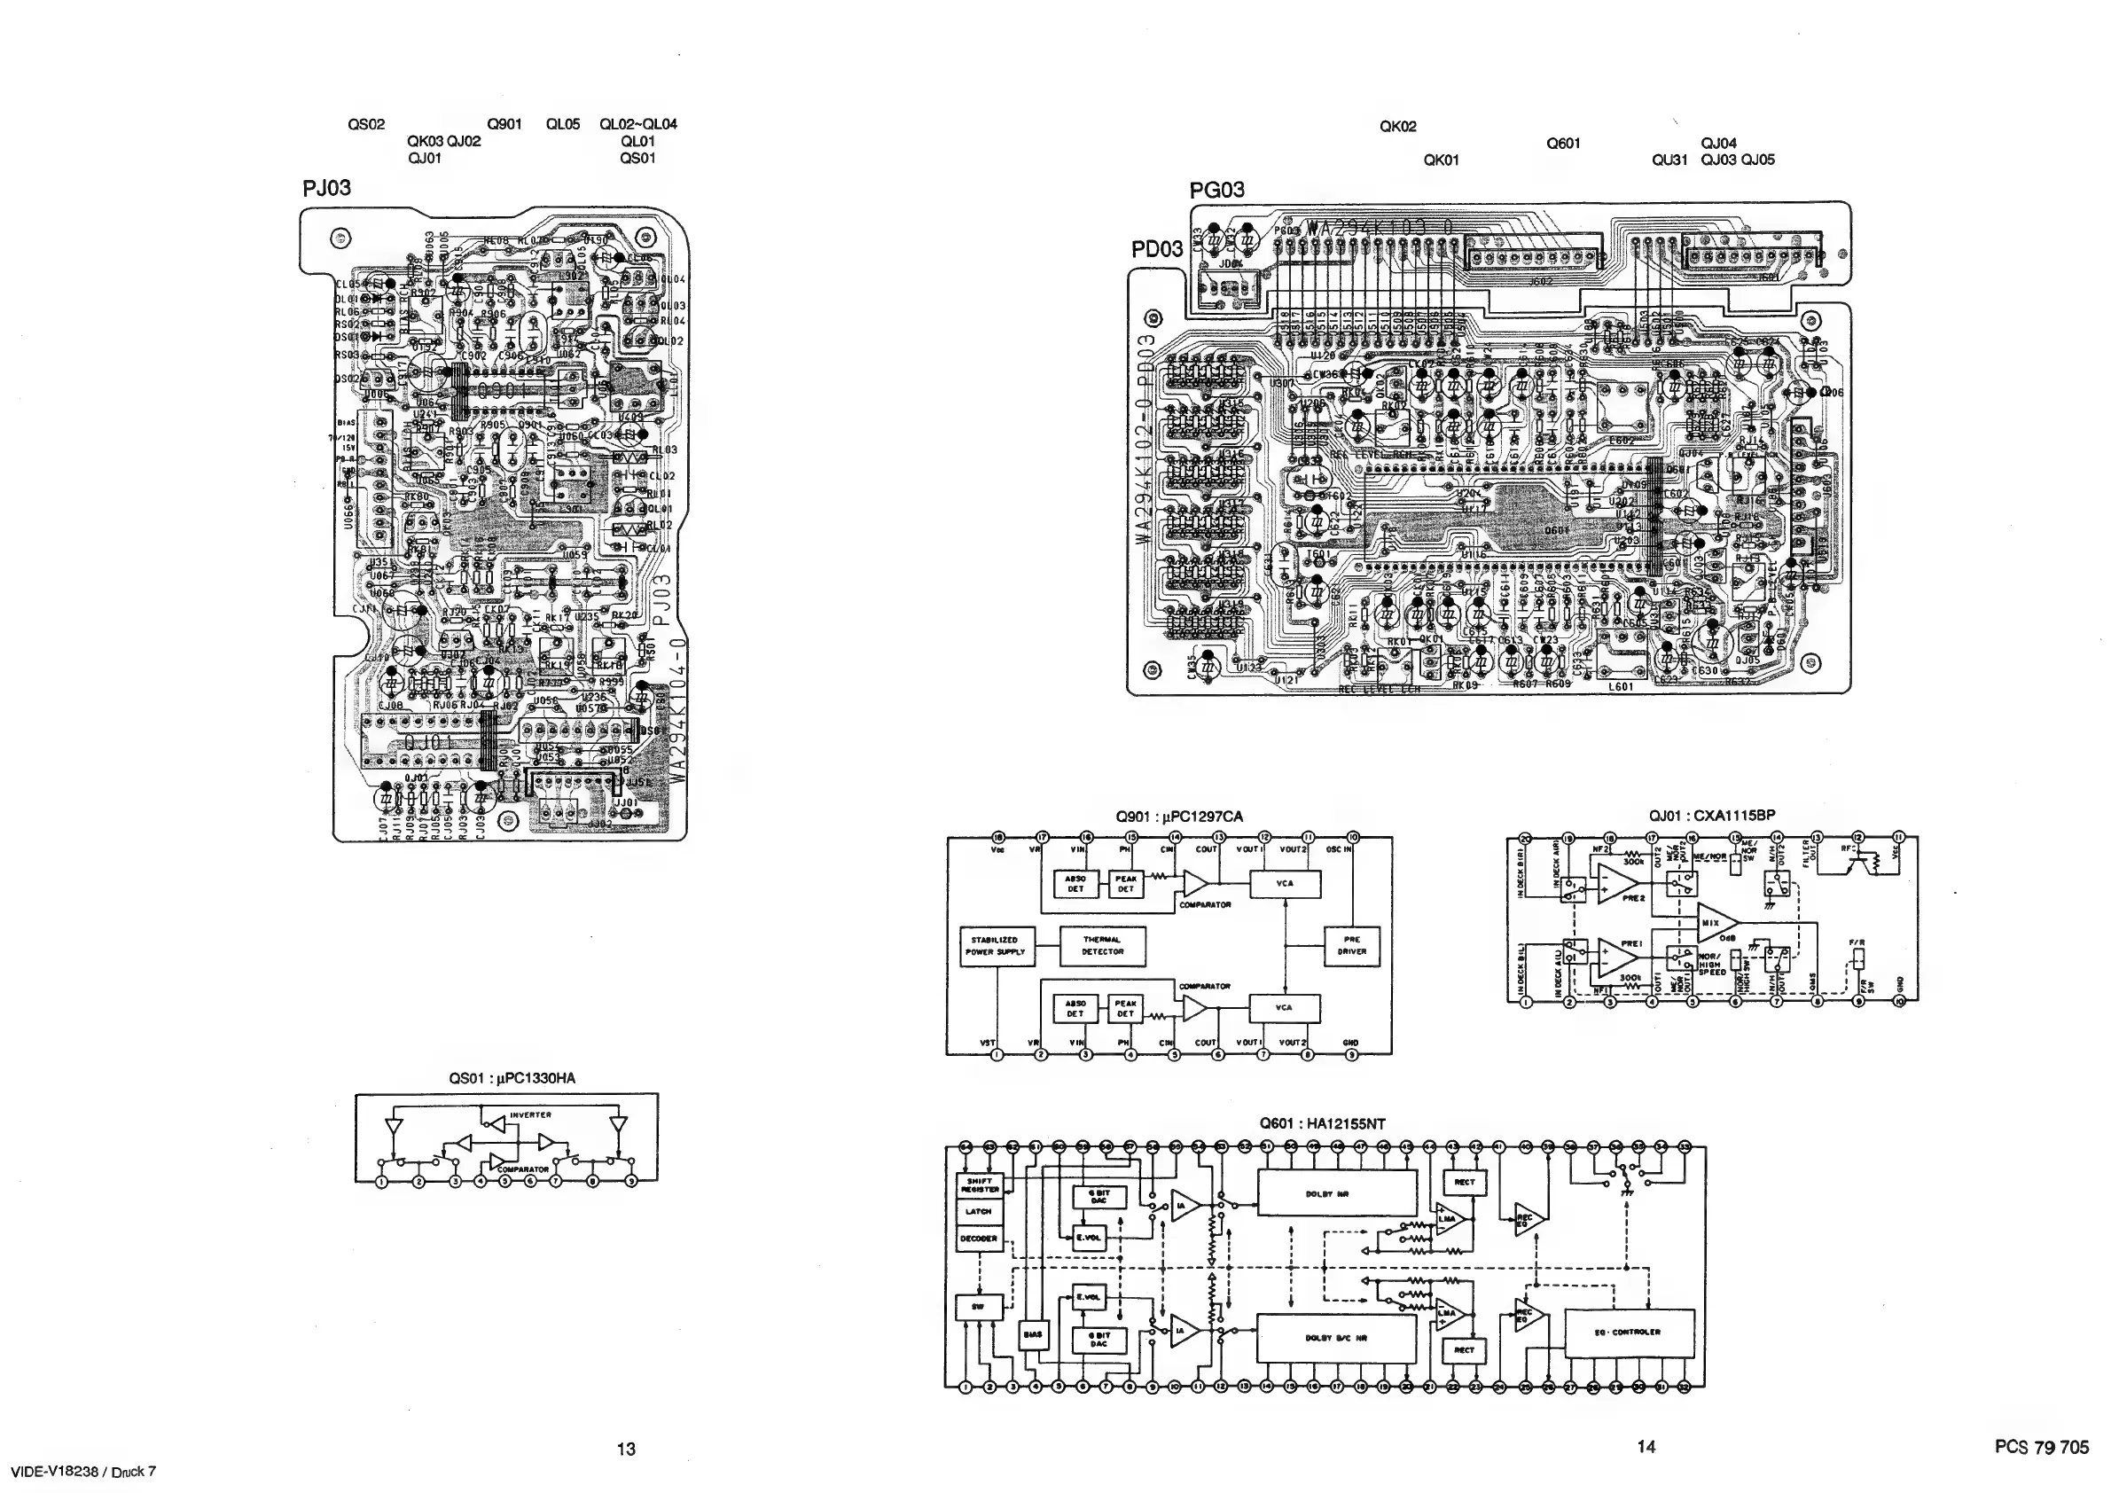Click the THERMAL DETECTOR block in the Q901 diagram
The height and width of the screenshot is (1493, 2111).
[x=1102, y=946]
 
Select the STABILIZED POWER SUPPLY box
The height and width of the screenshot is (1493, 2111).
[x=995, y=946]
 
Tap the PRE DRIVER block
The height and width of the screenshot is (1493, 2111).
[x=1351, y=946]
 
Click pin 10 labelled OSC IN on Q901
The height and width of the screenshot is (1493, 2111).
[x=1352, y=838]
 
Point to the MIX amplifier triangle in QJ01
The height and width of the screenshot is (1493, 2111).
[x=1716, y=922]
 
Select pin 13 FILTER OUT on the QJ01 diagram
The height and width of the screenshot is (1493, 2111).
[x=1816, y=839]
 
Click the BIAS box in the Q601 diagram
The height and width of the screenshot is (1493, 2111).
[x=1033, y=1334]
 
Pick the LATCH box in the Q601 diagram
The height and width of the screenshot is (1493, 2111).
[x=978, y=1212]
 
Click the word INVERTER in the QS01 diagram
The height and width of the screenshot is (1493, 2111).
[x=530, y=1115]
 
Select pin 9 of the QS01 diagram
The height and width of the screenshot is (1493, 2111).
[x=631, y=1183]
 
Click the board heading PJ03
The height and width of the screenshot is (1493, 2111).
[x=326, y=189]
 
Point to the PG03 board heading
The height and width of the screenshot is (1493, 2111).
[x=1216, y=191]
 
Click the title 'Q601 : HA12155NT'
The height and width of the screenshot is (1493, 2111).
[x=1321, y=1123]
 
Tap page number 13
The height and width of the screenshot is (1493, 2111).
[x=626, y=1450]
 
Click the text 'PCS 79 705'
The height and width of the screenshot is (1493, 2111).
[x=2041, y=1447]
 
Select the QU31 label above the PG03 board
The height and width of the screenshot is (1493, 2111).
[x=1669, y=160]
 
